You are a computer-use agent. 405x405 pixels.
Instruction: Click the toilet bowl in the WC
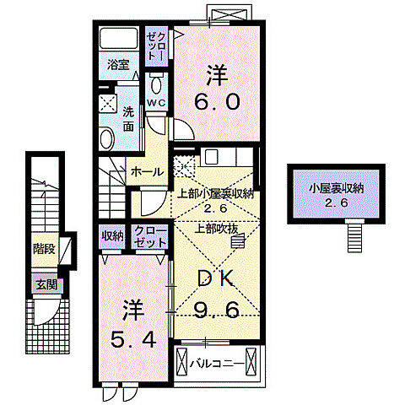[156, 84]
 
